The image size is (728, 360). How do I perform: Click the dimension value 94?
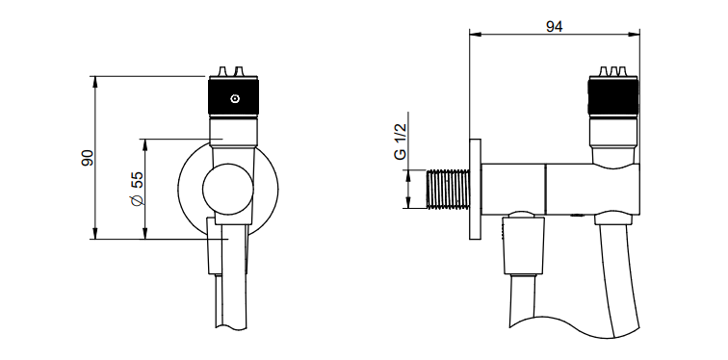pyautogui.click(x=555, y=27)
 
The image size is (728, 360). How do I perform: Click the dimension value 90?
pyautogui.click(x=88, y=158)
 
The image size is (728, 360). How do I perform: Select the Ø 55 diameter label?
pyautogui.click(x=138, y=189)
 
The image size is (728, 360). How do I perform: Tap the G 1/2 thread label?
pyautogui.click(x=401, y=141)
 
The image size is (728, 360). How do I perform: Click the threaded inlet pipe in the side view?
pyautogui.click(x=448, y=189)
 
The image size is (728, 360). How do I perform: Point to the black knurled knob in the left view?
pyautogui.click(x=234, y=97)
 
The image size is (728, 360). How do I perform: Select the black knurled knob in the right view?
pyautogui.click(x=612, y=96)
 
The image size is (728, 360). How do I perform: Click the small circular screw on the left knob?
pyautogui.click(x=235, y=98)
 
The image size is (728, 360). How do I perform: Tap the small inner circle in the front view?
pyautogui.click(x=228, y=189)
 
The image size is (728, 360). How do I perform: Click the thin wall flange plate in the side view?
pyautogui.click(x=475, y=190)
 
